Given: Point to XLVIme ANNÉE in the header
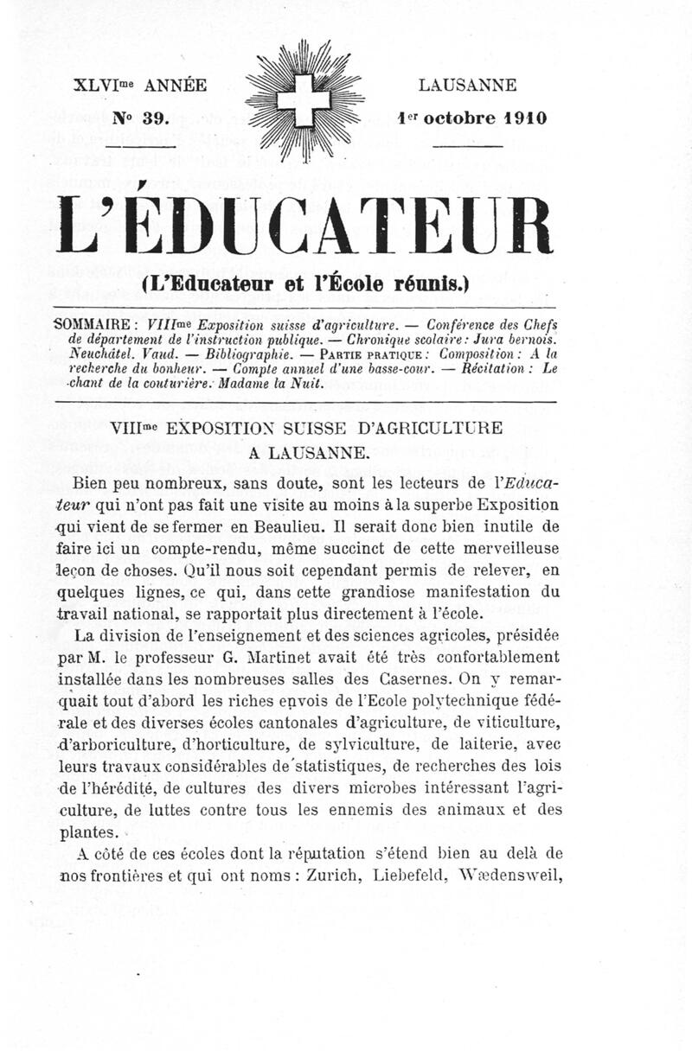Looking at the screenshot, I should (139, 86).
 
